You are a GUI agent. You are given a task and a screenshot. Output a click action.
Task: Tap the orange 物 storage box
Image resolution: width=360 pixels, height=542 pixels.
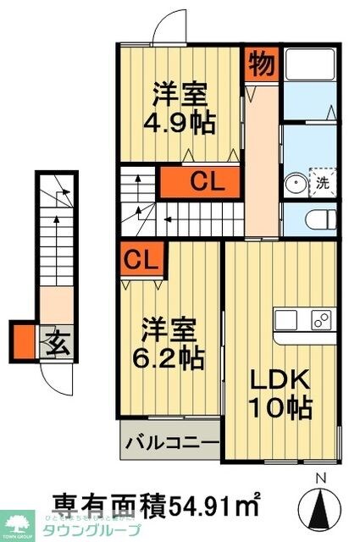click(x=259, y=62)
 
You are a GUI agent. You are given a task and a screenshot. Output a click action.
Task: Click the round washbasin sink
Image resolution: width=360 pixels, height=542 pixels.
click(x=296, y=183)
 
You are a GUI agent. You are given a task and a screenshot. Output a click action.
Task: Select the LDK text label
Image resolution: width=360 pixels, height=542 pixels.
click(x=276, y=379)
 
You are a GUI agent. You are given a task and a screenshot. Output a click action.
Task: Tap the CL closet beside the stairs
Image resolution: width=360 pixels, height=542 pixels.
click(x=203, y=180)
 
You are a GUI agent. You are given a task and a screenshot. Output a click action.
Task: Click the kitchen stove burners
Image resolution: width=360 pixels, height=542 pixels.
click(x=321, y=320)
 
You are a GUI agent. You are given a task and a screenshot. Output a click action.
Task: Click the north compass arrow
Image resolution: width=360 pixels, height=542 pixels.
click(x=320, y=506)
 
